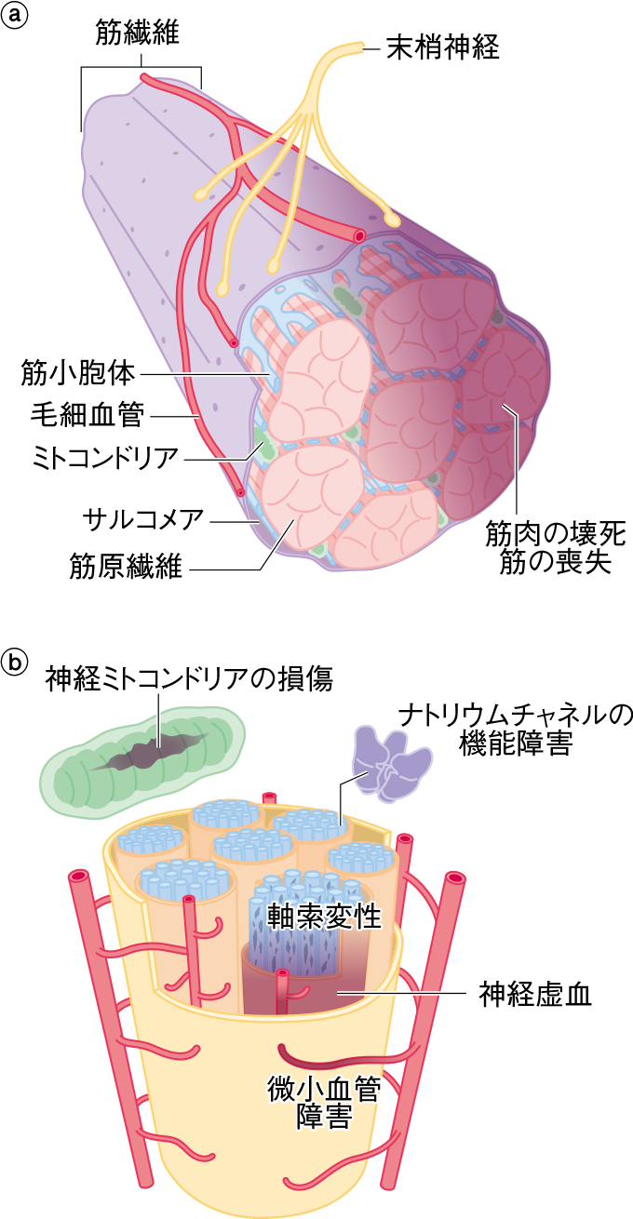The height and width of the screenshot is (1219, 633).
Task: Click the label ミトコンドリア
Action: pyautogui.click(x=91, y=458)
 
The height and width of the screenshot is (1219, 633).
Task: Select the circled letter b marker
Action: pyautogui.click(x=16, y=663)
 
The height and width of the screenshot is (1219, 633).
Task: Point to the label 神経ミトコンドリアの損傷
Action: pyautogui.click(x=189, y=679)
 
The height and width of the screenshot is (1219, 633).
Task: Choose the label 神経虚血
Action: pyautogui.click(x=535, y=995)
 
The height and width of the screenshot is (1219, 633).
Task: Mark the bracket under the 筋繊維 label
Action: pyautogui.click(x=141, y=68)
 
